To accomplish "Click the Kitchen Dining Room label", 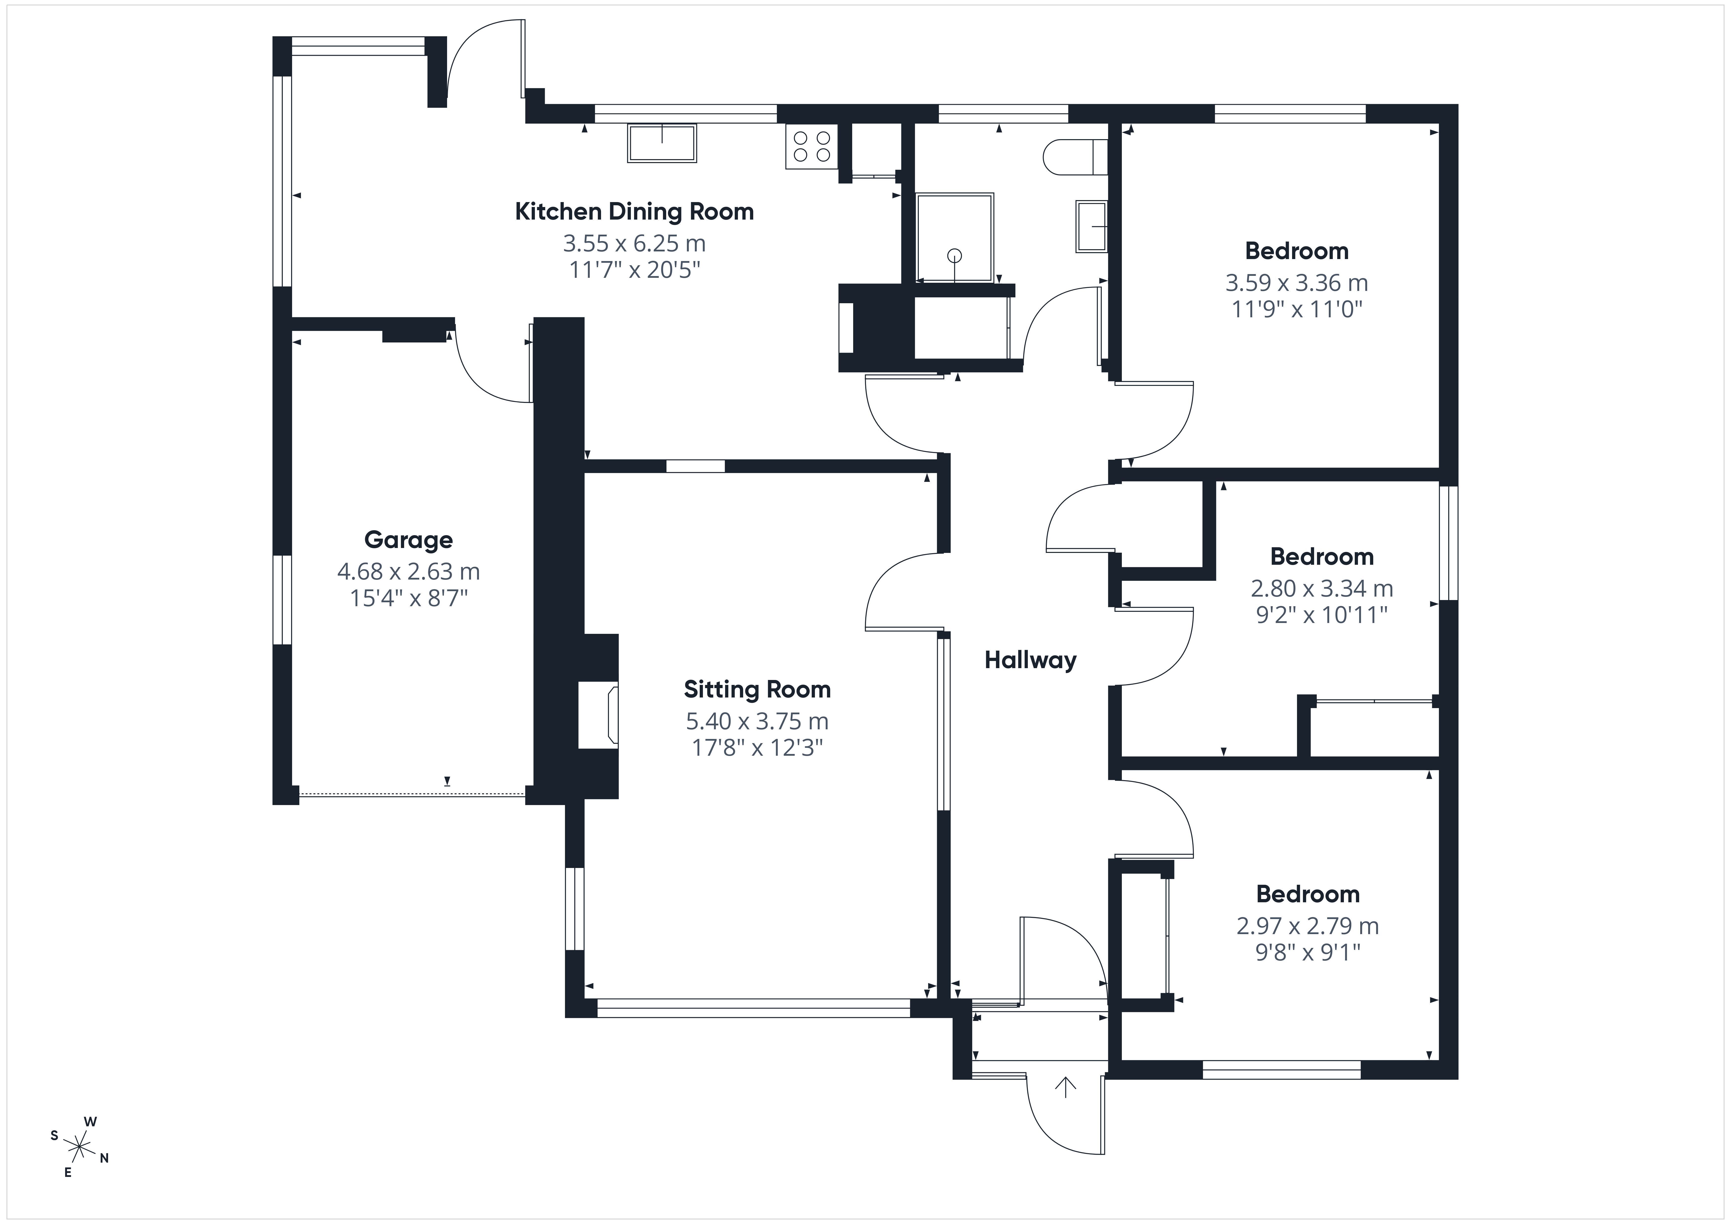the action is point(634,212).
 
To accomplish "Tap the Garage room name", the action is point(409,540).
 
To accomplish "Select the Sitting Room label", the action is point(757,689).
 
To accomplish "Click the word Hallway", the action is point(1030,661).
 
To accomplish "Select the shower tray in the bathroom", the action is point(955,237).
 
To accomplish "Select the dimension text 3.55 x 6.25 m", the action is point(634,244).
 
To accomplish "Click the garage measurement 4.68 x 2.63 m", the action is point(409,572).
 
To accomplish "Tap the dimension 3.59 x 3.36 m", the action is point(1297,283).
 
